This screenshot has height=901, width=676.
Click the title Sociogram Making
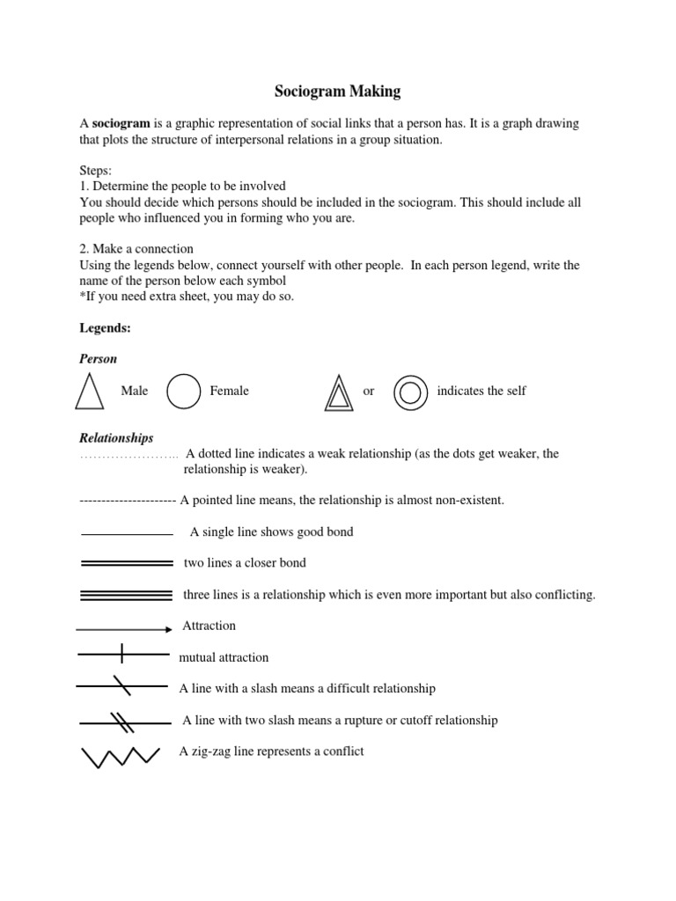(x=338, y=91)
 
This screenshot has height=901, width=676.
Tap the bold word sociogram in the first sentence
(x=120, y=123)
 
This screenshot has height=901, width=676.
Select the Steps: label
(x=96, y=171)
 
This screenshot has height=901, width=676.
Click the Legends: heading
(x=105, y=327)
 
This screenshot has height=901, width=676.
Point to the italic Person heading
(x=98, y=359)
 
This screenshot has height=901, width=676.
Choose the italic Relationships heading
(x=116, y=437)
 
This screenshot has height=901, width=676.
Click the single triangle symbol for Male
(x=89, y=392)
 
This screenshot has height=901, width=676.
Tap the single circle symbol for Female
(x=183, y=392)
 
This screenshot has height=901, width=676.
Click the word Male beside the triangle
(x=135, y=391)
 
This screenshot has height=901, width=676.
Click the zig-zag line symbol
(x=121, y=755)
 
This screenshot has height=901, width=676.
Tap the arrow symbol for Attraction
(x=124, y=629)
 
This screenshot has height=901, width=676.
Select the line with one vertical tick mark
(x=123, y=654)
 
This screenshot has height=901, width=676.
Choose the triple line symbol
(x=126, y=595)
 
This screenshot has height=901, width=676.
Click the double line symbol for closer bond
(x=126, y=563)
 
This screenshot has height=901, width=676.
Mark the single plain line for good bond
(x=126, y=534)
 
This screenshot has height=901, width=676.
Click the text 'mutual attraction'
(x=224, y=657)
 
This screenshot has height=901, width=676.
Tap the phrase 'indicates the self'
(x=481, y=391)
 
